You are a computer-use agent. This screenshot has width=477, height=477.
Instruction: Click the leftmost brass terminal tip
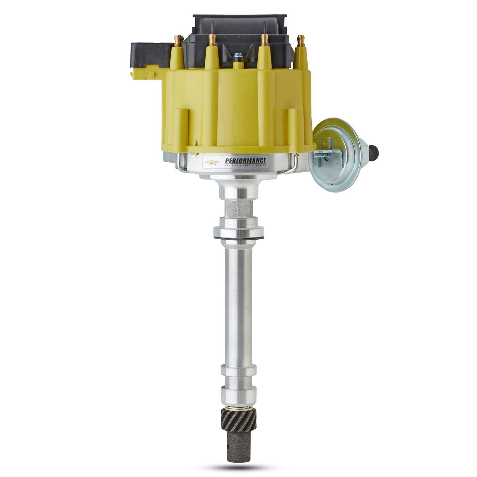point(179,40)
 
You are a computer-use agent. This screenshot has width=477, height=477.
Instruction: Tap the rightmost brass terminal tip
point(301,41)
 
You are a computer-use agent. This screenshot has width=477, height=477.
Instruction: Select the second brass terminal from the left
point(213,40)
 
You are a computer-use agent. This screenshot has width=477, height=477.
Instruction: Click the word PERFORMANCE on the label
point(245,160)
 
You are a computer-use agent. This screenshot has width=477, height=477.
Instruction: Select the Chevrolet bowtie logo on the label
point(212,162)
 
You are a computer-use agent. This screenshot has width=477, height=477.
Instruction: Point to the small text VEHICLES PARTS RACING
point(245,166)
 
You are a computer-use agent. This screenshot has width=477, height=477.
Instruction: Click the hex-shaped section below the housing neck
point(238,208)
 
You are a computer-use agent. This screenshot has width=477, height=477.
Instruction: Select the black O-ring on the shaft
point(238,238)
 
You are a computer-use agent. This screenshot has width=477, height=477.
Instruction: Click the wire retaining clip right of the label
point(293,164)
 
